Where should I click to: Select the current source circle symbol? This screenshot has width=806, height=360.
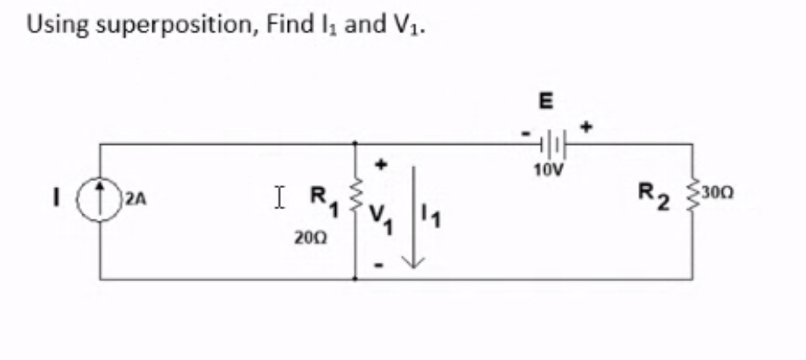coord(101,202)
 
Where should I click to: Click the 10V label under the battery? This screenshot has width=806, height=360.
coord(548,169)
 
